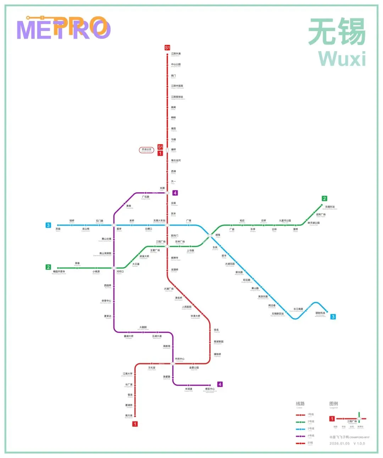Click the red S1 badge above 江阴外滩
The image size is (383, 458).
[x=167, y=48]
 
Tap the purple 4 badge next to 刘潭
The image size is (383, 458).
[x=175, y=193]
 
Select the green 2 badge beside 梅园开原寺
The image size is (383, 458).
[x=48, y=267]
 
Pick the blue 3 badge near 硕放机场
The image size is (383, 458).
[x=333, y=317]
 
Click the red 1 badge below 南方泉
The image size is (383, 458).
[x=135, y=424]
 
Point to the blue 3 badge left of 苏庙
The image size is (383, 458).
[x=48, y=225]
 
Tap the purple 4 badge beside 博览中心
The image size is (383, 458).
[x=220, y=384]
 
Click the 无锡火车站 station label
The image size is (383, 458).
[x=159, y=221]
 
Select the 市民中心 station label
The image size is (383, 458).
[x=179, y=359]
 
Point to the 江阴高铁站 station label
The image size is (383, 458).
[x=177, y=97]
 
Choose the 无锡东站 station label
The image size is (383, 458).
[x=330, y=207]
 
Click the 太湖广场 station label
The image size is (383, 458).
[x=169, y=289]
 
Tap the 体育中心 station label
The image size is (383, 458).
[x=106, y=301]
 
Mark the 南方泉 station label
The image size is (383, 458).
[x=129, y=415]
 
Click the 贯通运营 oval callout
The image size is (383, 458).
[x=146, y=150]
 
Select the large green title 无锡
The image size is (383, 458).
[x=337, y=32]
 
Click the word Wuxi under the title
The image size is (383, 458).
[x=342, y=59]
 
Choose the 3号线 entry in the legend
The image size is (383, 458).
[x=311, y=429]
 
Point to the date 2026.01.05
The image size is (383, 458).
[x=339, y=443]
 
